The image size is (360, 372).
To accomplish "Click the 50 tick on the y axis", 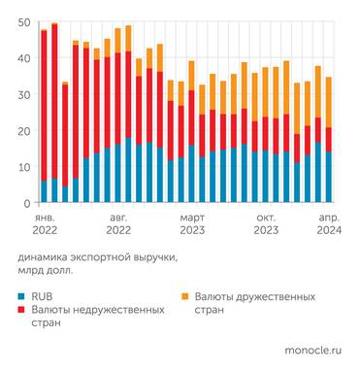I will (x=24, y=22).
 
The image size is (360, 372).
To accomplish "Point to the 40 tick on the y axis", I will (x=24, y=58).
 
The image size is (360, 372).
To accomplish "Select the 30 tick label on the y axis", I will (x=24, y=95).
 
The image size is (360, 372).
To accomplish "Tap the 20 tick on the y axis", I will (x=24, y=131).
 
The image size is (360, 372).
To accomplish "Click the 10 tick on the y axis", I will (x=24, y=167).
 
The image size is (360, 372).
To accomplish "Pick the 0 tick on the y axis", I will (x=27, y=203).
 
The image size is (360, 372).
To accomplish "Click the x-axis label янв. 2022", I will (x=44, y=225).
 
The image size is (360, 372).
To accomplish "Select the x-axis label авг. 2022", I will (x=118, y=225).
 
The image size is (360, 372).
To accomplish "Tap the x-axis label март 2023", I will (x=192, y=225).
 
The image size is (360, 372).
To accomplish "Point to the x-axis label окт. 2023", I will (x=266, y=225).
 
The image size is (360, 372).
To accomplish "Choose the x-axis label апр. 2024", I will (x=328, y=225).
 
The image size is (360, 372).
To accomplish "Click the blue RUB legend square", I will (x=22, y=294).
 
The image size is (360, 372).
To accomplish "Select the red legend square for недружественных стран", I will (x=22, y=309).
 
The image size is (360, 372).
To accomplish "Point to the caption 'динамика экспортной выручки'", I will (x=85, y=259).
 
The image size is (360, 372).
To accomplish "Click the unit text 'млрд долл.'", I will (x=46, y=273).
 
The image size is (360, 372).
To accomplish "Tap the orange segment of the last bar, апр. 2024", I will (x=329, y=102).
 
